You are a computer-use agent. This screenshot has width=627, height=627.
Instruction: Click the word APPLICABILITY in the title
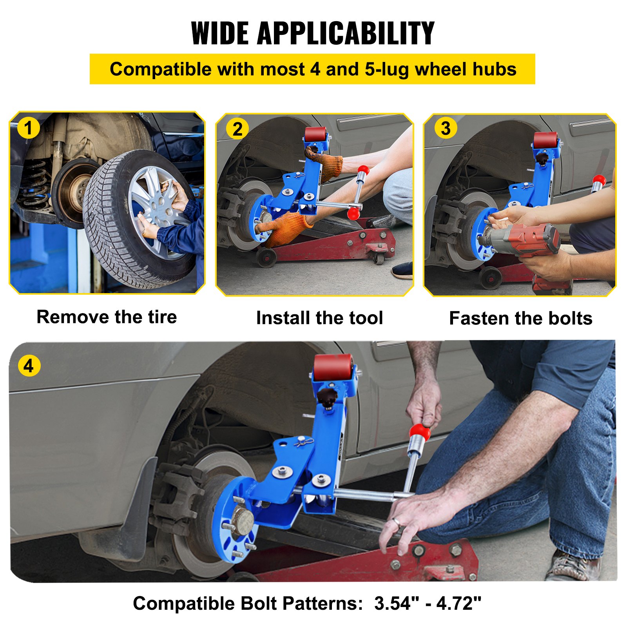[346, 33]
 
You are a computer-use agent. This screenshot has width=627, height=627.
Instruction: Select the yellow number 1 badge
[28, 128]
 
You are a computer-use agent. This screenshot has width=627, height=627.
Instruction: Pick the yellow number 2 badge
[237, 129]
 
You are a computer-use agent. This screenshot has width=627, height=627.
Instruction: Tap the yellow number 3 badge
[446, 128]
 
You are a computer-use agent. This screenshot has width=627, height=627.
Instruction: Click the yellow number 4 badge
[29, 366]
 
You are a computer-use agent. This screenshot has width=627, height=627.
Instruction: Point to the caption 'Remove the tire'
[107, 317]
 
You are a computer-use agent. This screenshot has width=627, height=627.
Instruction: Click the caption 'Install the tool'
[319, 318]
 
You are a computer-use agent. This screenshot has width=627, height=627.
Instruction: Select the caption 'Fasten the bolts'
[520, 318]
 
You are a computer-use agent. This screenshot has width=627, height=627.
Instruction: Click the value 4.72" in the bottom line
[458, 603]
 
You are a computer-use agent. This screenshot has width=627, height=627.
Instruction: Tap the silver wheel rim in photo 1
[157, 204]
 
